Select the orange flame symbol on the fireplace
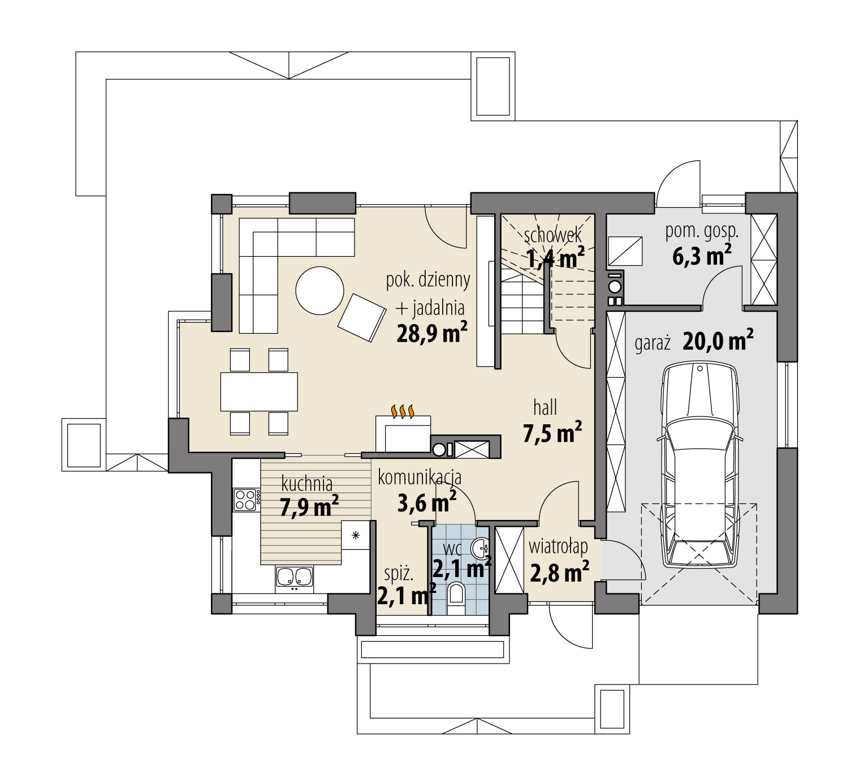[404, 411]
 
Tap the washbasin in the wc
[481, 548]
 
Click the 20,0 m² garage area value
[718, 341]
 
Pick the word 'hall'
[545, 407]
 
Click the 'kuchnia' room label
[306, 484]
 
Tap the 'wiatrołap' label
[558, 547]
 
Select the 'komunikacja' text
[420, 478]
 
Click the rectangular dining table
[259, 391]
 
